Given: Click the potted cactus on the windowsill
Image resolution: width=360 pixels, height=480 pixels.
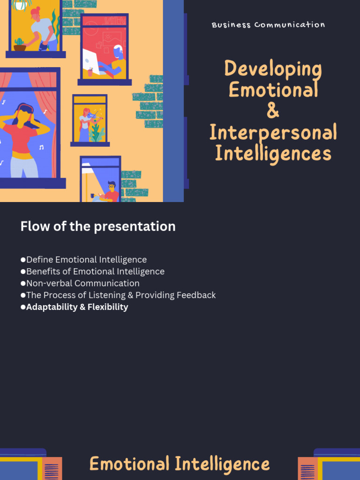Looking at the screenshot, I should tap(20, 45).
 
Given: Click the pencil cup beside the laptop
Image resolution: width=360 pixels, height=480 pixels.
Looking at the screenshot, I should tap(90, 73).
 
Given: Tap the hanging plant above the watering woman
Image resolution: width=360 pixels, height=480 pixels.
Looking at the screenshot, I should tap(20, 5).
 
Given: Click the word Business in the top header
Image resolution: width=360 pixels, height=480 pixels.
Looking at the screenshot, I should tap(231, 25).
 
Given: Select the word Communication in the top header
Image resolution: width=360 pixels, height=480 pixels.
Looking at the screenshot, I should tap(290, 25).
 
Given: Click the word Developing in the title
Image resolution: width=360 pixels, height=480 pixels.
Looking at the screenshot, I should tap(273, 69).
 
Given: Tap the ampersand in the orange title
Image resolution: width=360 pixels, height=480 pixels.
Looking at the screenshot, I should tap(273, 111).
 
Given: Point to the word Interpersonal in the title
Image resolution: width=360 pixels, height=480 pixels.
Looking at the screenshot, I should tap(273, 132).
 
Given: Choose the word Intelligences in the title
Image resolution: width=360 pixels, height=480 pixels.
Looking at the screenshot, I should tap(273, 153).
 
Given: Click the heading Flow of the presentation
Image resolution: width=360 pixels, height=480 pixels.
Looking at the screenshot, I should tap(98, 226).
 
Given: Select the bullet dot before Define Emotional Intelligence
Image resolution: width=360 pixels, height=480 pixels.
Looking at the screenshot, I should tap(23, 260).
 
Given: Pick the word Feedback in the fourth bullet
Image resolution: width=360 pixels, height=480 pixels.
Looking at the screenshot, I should tap(195, 295).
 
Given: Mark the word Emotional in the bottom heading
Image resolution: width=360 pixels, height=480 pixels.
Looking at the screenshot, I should tap(130, 464).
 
